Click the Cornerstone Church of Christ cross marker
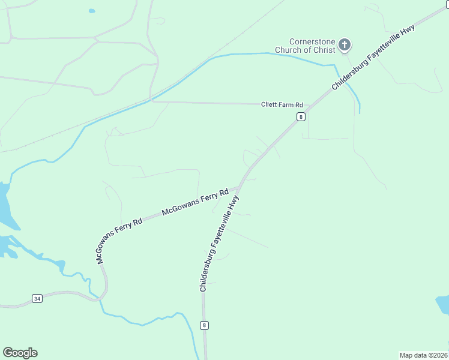point(345,44)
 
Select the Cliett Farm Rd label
point(282,104)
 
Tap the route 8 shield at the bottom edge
point(205,325)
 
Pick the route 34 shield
point(37,298)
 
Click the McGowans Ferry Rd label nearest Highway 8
point(196,203)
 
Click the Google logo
point(20,353)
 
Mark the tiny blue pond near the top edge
point(92,11)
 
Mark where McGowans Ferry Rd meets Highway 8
point(240,187)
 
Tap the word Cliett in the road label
point(268,104)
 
